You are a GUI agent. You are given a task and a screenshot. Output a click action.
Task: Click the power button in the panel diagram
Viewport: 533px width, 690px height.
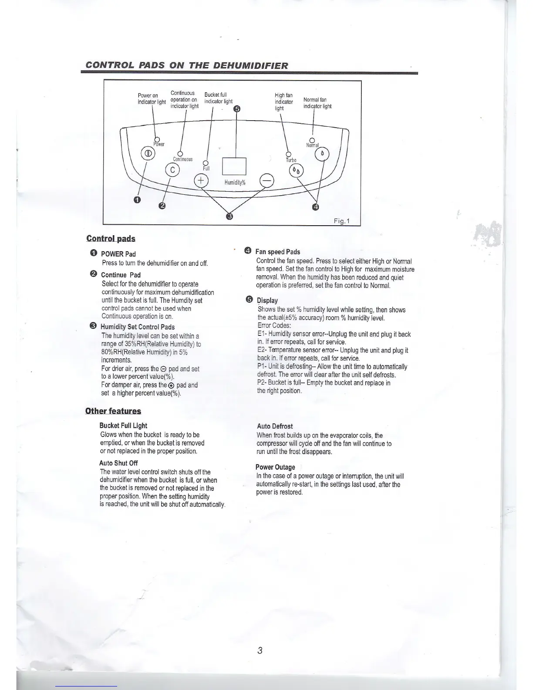[x=147, y=154]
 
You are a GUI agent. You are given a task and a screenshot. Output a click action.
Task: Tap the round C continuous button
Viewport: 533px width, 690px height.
[x=172, y=170]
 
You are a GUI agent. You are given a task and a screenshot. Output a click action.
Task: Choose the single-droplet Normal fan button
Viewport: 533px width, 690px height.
[x=322, y=154]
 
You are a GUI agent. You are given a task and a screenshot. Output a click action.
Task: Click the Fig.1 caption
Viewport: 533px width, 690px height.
[x=342, y=221]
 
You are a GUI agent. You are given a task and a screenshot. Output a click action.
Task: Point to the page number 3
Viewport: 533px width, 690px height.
[x=260, y=651]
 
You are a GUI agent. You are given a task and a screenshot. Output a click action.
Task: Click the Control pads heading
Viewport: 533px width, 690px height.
[x=111, y=238]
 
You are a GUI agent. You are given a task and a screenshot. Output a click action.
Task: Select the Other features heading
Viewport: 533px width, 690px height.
[x=113, y=411]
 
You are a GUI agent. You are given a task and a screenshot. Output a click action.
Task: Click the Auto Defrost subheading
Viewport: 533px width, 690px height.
[x=275, y=426]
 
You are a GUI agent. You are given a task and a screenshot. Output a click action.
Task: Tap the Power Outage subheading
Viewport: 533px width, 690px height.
[x=275, y=467]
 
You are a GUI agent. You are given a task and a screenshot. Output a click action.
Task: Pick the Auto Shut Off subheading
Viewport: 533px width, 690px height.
[x=118, y=463]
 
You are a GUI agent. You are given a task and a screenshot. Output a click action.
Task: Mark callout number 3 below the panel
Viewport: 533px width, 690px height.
[x=230, y=216]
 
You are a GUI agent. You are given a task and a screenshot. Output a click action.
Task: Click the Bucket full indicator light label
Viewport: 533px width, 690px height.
[x=218, y=98]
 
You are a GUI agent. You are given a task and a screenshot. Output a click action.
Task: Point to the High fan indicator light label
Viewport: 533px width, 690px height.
[x=283, y=101]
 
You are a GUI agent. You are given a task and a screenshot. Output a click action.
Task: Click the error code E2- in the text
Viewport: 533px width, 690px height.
[x=262, y=350]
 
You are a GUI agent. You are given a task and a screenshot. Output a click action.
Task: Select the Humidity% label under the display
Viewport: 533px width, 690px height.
[x=235, y=183]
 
